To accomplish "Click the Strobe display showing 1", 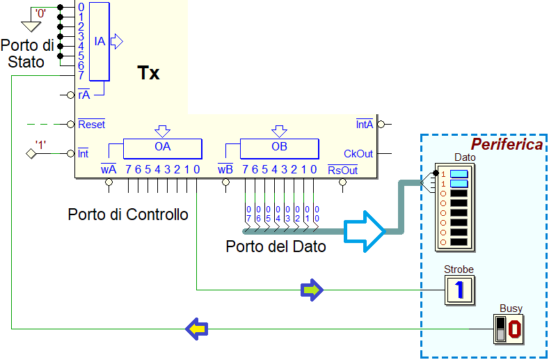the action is click(x=459, y=290).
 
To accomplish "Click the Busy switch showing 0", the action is click(x=509, y=329).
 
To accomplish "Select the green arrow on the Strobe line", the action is click(x=312, y=290).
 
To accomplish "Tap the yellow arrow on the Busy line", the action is click(x=197, y=329).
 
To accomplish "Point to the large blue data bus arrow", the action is click(x=365, y=231).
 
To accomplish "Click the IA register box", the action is click(x=100, y=41).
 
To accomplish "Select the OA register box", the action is click(x=162, y=148).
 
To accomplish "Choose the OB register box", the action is click(x=280, y=148).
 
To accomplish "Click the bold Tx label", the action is click(x=148, y=73).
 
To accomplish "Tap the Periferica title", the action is click(x=507, y=144).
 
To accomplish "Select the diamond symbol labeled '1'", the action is click(x=31, y=153).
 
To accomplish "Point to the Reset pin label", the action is click(x=91, y=124).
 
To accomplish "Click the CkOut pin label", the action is click(x=358, y=153).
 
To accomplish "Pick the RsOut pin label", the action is click(x=342, y=170).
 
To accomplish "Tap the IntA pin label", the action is click(x=365, y=124).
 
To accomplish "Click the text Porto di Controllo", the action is click(x=128, y=214).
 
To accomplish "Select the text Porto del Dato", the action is click(x=276, y=246).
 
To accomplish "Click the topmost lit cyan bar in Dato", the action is click(x=459, y=174).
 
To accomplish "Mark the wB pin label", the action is click(x=225, y=170).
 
